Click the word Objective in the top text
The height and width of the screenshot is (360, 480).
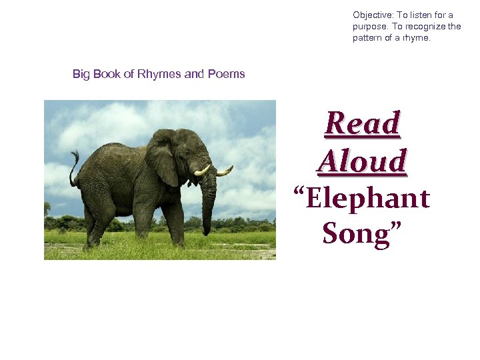click(372, 15)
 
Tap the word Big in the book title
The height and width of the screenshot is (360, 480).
click(81, 74)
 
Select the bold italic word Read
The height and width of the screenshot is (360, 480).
click(363, 123)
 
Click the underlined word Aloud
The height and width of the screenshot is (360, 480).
click(362, 161)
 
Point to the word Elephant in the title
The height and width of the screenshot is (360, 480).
click(367, 199)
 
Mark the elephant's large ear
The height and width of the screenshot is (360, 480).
click(162, 157)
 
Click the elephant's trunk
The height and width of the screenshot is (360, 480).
click(209, 200)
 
